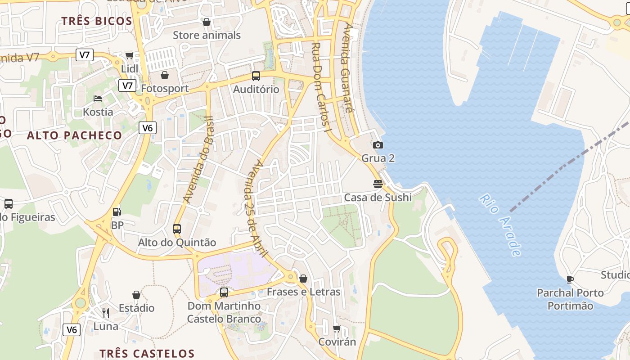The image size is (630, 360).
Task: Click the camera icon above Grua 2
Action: click(x=378, y=145)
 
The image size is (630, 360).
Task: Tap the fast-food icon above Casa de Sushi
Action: click(x=378, y=184)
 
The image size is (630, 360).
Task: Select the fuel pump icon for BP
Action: click(x=117, y=211)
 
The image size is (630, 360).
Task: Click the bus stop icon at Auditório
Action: click(x=256, y=76)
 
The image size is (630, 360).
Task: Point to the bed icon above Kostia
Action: click(x=98, y=98)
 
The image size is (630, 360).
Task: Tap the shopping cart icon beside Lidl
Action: click(x=130, y=55)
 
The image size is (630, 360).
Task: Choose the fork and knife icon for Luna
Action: click(x=106, y=313)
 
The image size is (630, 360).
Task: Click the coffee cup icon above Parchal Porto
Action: click(x=570, y=279)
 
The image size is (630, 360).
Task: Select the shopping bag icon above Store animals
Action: click(x=207, y=22)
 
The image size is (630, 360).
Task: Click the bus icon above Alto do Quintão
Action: click(x=177, y=229)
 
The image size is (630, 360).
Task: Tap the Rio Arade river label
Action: click(x=500, y=225)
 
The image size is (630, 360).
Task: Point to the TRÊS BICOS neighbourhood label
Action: click(x=97, y=21)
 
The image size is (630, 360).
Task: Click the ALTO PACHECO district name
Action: click(x=74, y=135)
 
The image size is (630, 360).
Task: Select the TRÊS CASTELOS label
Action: click(x=147, y=353)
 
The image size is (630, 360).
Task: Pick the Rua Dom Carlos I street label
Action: click(x=321, y=87)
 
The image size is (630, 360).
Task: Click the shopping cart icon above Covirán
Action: click(x=337, y=329)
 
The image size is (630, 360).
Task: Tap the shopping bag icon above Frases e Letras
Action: click(x=303, y=279)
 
